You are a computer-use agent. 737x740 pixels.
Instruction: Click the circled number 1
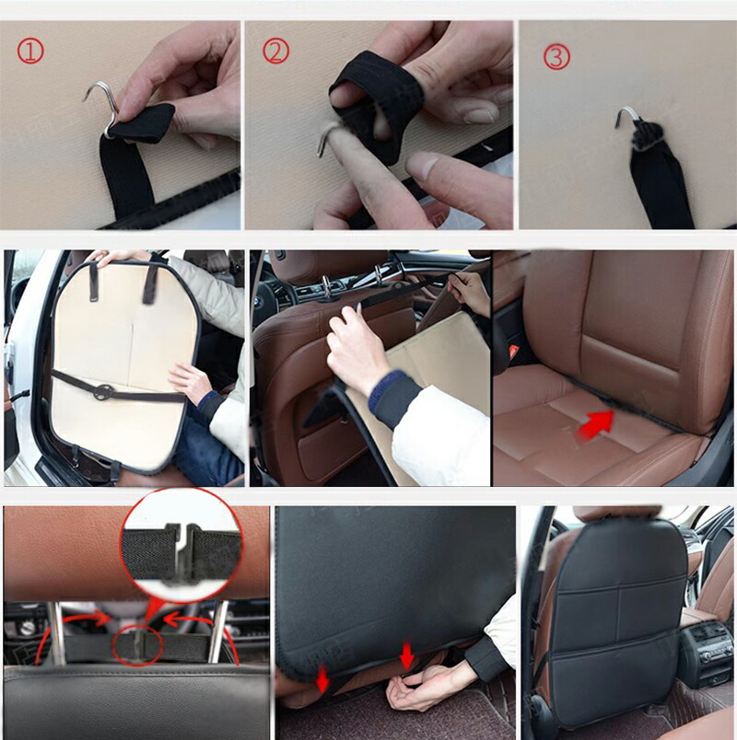coord(30,51)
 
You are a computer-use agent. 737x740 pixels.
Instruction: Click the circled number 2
coord(275,51)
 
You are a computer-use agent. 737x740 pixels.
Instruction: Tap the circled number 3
coord(556,56)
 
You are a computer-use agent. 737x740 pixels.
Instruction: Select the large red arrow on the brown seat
coord(596,424)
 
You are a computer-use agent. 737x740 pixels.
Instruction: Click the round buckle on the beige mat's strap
coord(104,392)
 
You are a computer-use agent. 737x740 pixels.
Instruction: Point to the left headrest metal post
coord(58,633)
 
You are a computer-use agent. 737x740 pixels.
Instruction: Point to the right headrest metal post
coord(218,632)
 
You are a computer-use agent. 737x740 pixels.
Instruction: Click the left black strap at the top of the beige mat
coord(94,282)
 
